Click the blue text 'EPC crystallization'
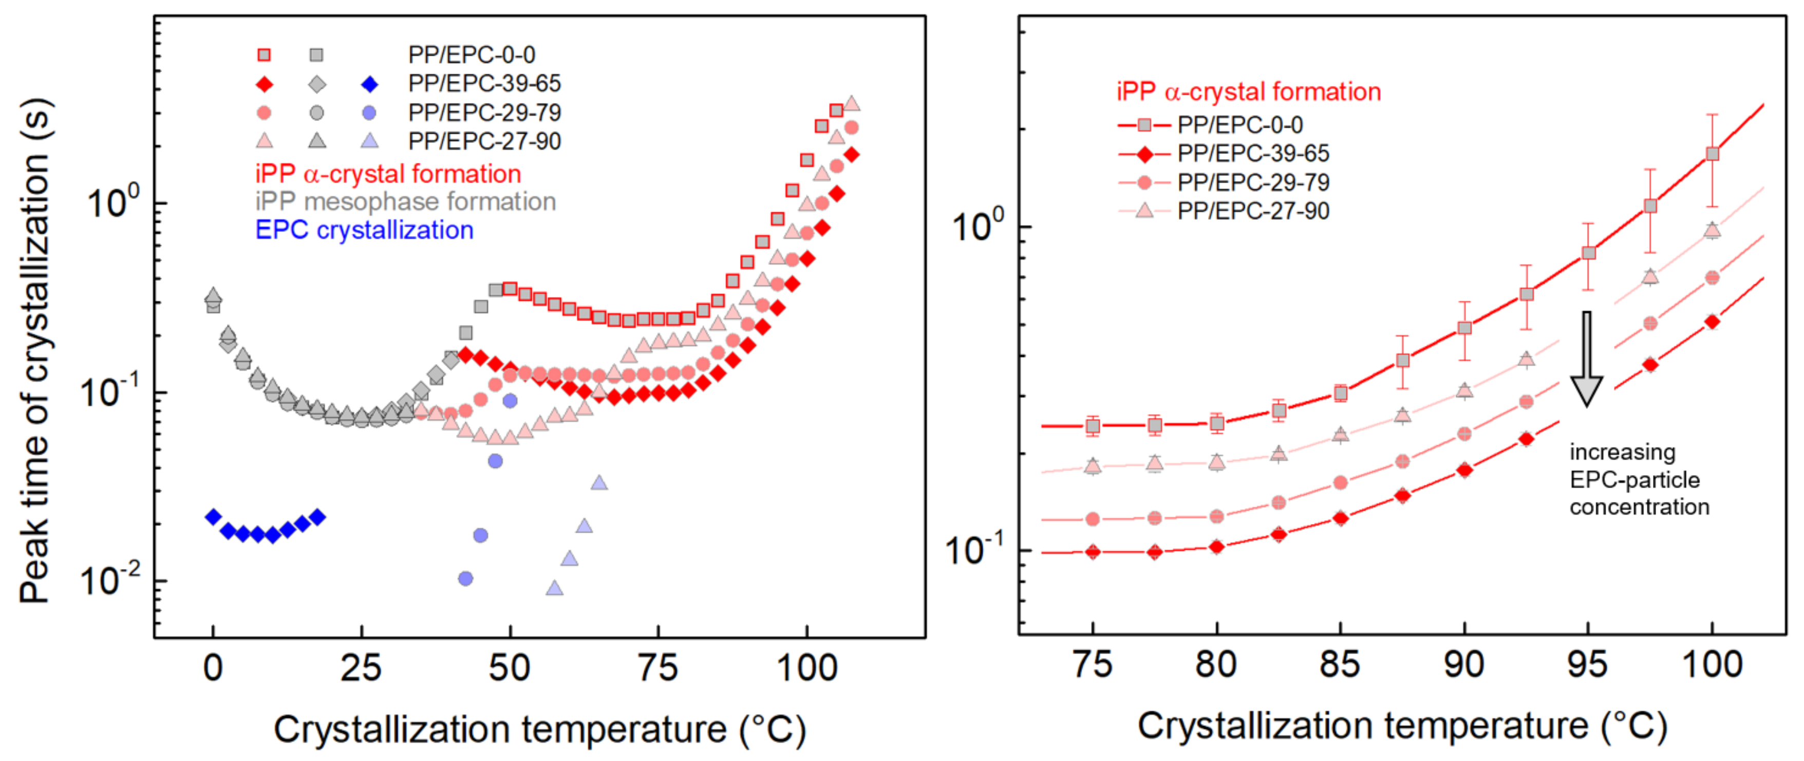click(364, 230)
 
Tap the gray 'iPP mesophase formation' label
click(405, 202)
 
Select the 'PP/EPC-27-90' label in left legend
click(484, 141)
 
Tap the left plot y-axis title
click(35, 350)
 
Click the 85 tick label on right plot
click(1340, 664)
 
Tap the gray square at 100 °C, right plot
click(1712, 153)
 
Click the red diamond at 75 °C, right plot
click(1093, 552)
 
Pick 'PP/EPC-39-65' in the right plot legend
click(1253, 153)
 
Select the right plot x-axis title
click(1401, 726)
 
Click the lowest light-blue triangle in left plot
click(554, 588)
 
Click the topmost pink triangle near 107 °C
click(852, 104)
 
